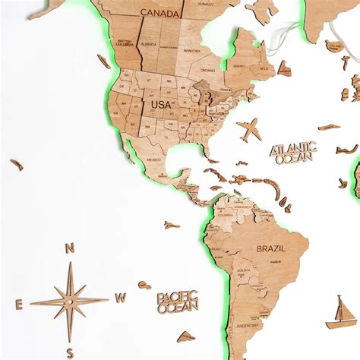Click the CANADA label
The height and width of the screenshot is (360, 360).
159,13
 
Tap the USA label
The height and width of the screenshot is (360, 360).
161,104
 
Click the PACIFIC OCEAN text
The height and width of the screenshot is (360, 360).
178,302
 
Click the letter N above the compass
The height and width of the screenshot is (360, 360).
69,248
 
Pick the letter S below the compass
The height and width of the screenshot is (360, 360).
69,351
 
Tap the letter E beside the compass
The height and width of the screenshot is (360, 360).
19,304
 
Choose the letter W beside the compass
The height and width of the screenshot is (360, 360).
119,298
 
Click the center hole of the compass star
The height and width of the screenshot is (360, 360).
69,301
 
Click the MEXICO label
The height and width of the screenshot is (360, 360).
154,160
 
